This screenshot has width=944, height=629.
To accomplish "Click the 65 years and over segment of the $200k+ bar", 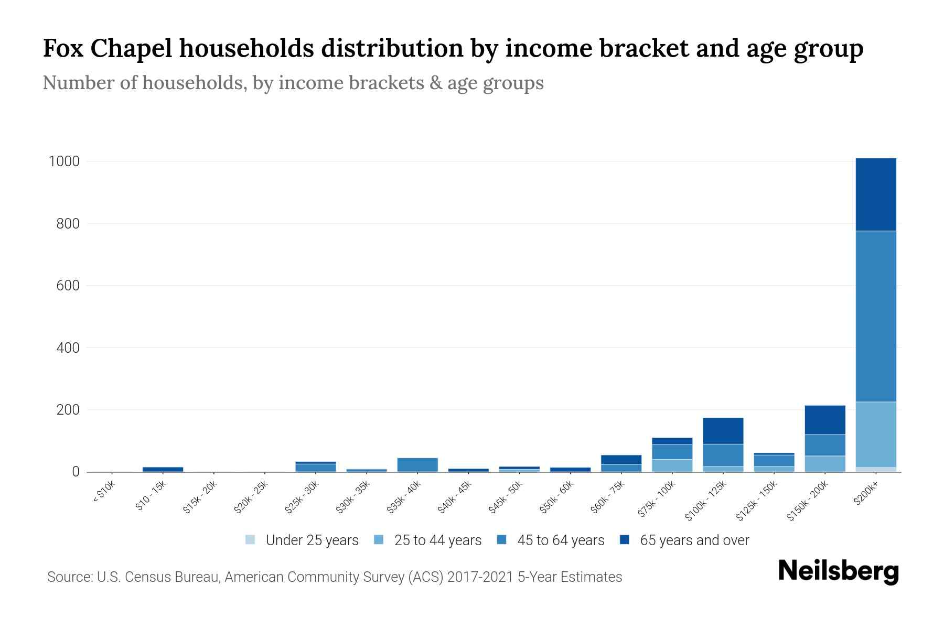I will tap(876, 194).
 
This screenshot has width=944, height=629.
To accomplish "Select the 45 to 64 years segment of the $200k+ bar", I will tap(876, 316).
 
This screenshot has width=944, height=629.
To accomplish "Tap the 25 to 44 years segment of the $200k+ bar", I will tap(876, 434).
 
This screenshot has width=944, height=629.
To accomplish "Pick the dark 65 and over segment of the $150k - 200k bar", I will tap(825, 420).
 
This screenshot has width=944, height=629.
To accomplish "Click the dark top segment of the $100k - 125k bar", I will tap(723, 431).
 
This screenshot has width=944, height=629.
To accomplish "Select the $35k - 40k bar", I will tap(417, 464).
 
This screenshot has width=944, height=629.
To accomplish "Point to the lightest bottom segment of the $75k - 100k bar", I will tap(672, 465).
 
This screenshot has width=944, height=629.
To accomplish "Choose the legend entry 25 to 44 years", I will tap(428, 540).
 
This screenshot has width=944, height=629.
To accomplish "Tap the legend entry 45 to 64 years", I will tap(551, 540).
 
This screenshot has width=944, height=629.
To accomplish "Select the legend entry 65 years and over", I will tap(685, 540).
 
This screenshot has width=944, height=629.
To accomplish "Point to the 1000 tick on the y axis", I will tap(64, 161).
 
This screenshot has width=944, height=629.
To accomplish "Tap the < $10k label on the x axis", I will tap(104, 493).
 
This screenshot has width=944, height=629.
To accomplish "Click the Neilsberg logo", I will tap(838, 571).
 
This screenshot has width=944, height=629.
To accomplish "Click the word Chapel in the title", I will tap(131, 49).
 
